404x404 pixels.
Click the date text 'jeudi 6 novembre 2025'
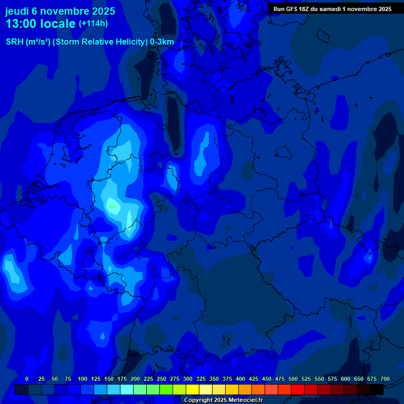(60, 11)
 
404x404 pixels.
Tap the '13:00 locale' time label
(41, 24)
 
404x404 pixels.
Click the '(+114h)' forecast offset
(94, 24)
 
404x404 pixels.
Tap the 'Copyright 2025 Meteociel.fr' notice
(223, 400)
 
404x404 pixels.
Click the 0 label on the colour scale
(27, 379)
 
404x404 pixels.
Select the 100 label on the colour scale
(83, 379)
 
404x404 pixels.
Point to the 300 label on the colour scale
(188, 379)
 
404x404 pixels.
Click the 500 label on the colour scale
(293, 379)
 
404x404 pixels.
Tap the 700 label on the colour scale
(385, 379)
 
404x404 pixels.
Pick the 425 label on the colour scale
(254, 379)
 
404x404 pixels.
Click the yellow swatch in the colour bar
(193, 390)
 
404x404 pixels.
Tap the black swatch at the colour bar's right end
(377, 390)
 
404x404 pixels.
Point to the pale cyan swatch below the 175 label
(127, 390)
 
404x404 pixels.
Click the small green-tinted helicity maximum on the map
(112, 206)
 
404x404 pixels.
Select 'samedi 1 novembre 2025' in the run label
(358, 9)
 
